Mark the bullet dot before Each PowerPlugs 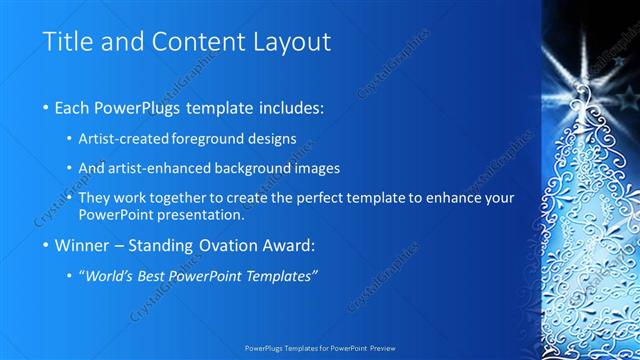click(47, 107)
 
